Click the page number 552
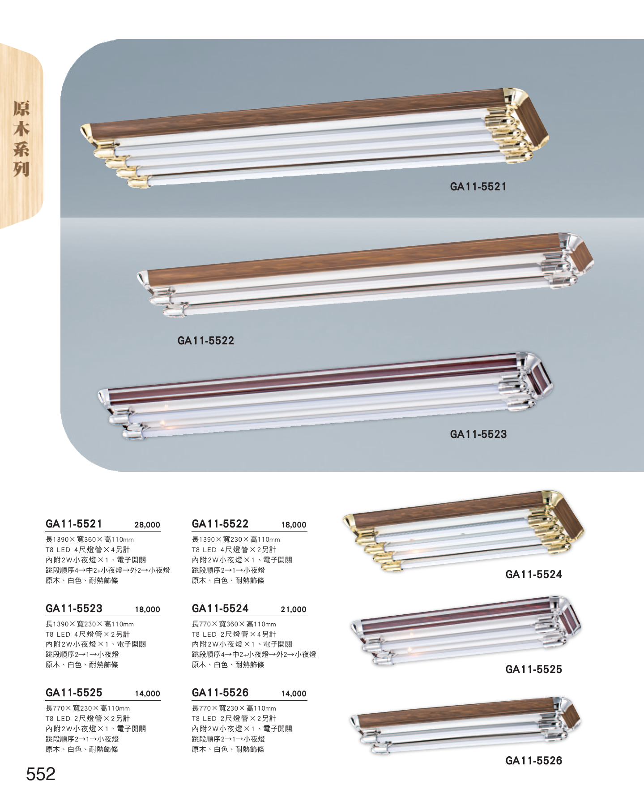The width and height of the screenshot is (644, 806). (41, 774)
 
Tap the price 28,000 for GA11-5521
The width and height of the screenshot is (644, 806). (147, 525)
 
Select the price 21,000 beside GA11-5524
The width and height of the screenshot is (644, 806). (294, 609)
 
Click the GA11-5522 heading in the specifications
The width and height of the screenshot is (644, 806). (220, 523)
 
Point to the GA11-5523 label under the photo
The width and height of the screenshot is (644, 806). (478, 434)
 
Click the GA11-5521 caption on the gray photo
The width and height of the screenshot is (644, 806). (478, 187)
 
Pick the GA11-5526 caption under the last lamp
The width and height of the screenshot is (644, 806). (533, 760)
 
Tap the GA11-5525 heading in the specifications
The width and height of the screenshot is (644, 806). (74, 692)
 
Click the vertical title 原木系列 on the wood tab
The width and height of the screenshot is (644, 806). (21, 138)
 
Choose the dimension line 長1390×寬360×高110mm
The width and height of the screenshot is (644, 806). (90, 540)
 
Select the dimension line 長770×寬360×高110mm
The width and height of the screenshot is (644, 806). (234, 624)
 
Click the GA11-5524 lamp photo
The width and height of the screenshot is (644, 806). (464, 531)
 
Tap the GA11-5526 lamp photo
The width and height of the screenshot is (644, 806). (465, 726)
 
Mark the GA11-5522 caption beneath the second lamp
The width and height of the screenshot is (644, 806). (206, 340)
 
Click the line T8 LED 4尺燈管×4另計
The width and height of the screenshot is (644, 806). (88, 549)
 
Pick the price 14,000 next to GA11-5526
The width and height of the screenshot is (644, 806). (294, 694)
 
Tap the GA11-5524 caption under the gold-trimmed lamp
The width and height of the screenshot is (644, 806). (533, 574)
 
